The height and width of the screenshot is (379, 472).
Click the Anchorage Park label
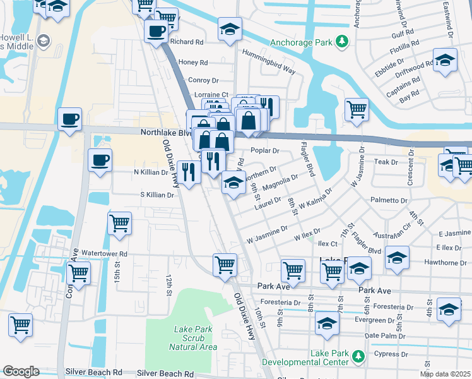(x=301, y=42)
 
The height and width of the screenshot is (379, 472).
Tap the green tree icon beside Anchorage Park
(x=342, y=42)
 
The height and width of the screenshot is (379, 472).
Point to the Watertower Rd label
(x=104, y=254)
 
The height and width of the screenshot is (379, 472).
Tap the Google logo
(x=21, y=371)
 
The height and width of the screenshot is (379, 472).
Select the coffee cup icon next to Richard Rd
(x=156, y=31)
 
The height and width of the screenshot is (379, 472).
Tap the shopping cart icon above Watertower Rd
(x=119, y=223)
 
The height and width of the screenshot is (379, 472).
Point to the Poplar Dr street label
(x=264, y=151)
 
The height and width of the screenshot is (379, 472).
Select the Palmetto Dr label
(x=389, y=200)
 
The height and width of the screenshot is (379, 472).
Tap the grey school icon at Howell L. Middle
(x=44, y=42)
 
